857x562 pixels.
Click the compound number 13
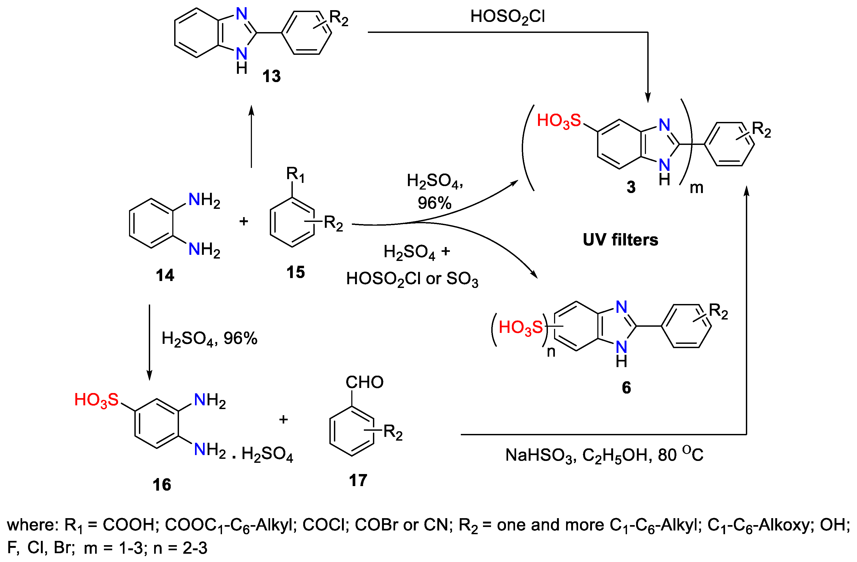click(271, 77)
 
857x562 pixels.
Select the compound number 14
click(165, 276)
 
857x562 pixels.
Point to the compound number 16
click(162, 485)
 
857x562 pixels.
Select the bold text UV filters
click(620, 240)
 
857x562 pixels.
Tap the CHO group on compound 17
click(364, 382)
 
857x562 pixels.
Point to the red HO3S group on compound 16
click(96, 400)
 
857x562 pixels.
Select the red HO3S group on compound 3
click(559, 121)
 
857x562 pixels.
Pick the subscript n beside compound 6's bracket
click(551, 352)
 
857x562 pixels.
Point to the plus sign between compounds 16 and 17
click(283, 419)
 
